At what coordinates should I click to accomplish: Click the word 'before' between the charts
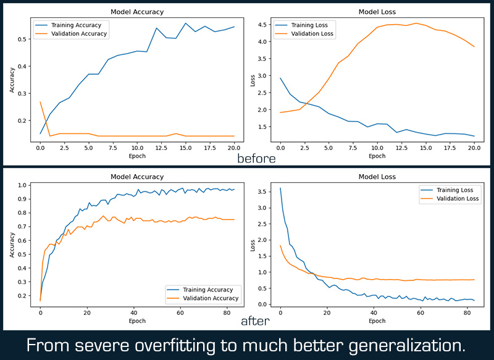click(x=256, y=158)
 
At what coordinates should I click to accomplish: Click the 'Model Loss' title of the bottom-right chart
click(x=377, y=177)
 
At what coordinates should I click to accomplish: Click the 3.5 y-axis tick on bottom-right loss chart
click(x=262, y=191)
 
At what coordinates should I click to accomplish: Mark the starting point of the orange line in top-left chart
click(x=40, y=102)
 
